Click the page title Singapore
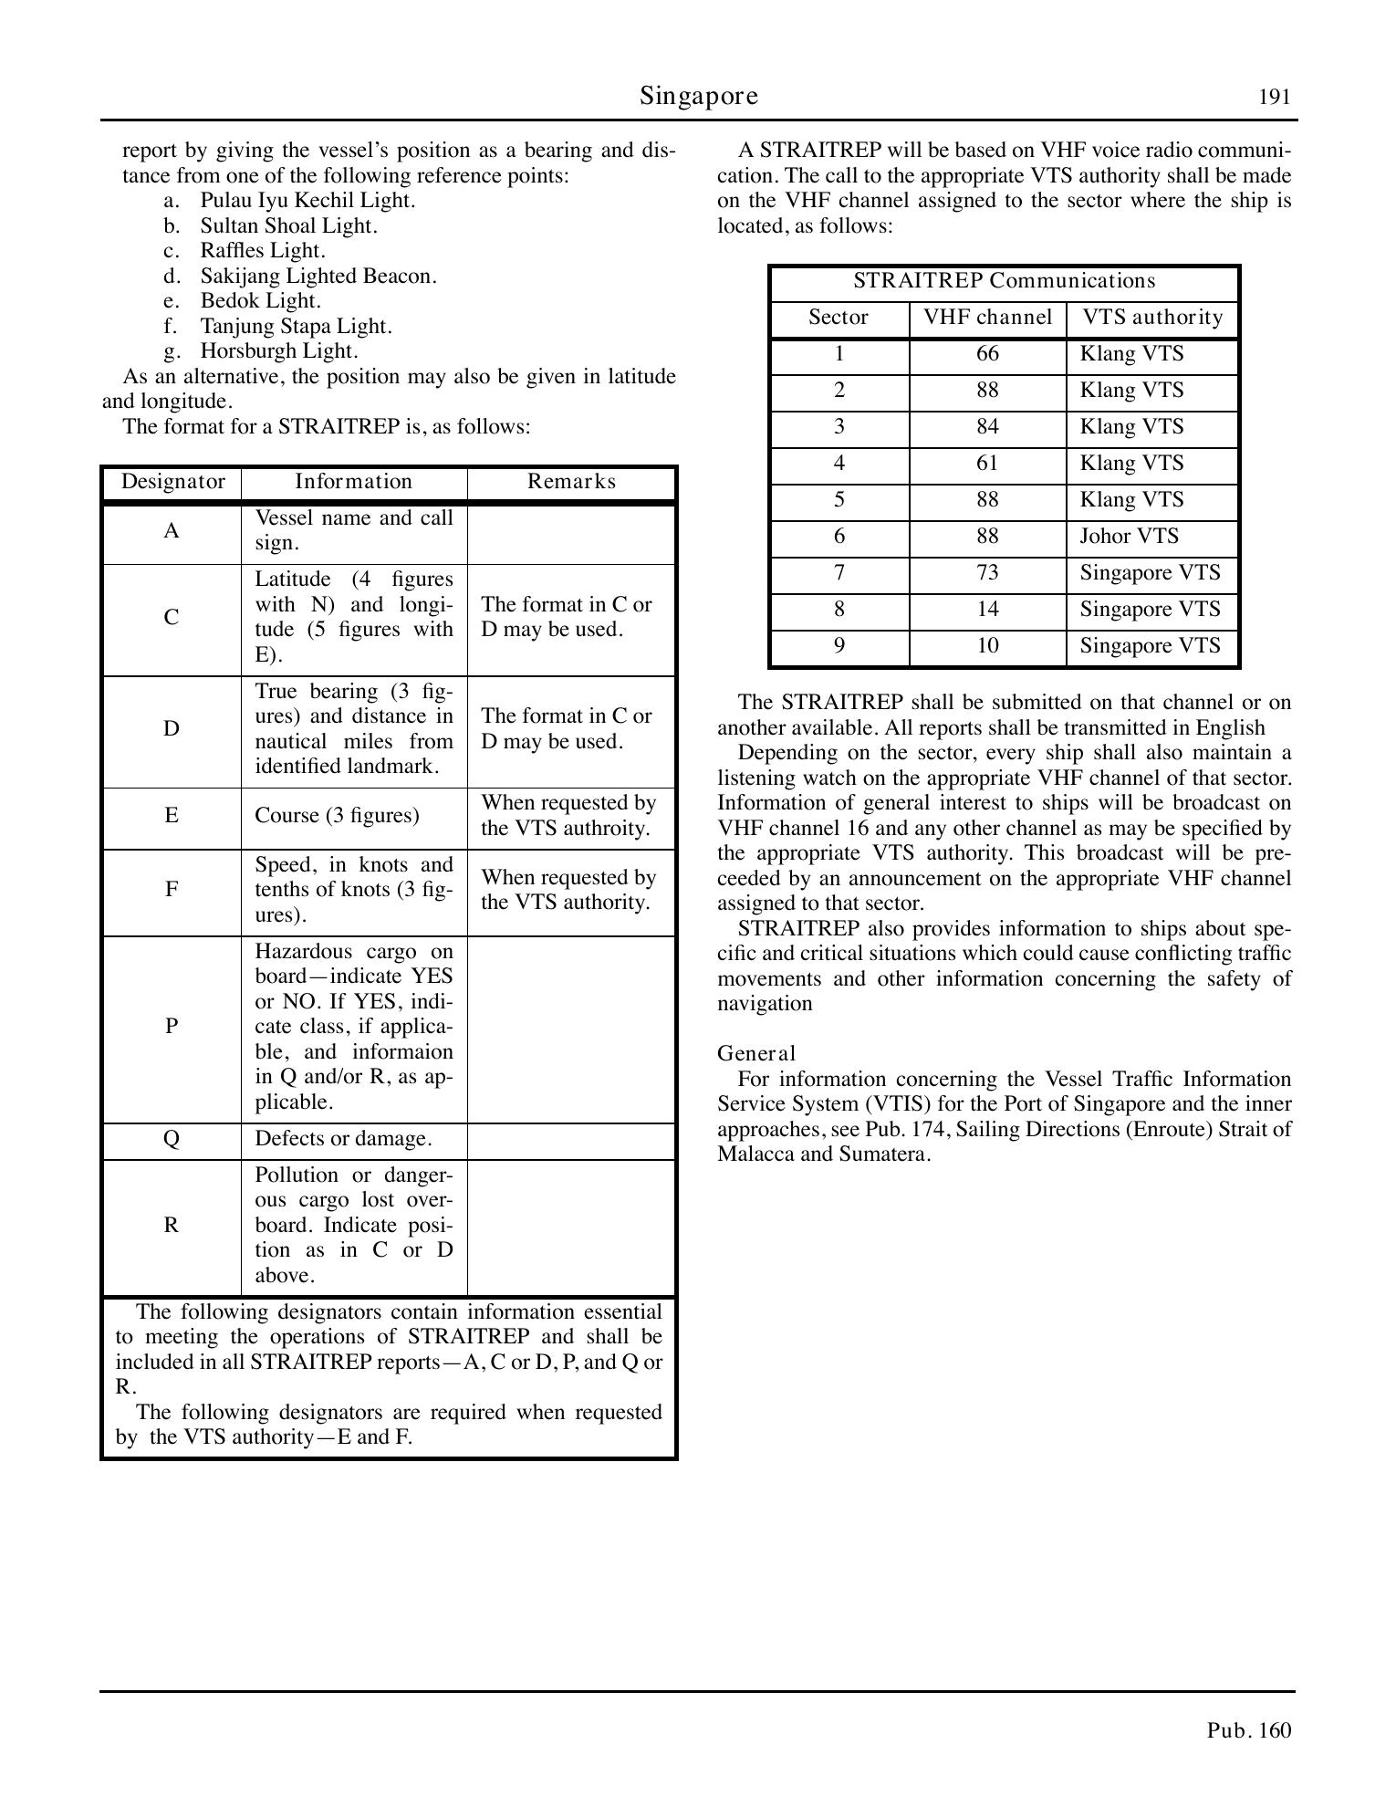(x=698, y=96)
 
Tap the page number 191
(x=1275, y=98)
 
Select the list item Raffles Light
(x=263, y=251)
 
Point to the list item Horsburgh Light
(x=279, y=351)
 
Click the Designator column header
(x=172, y=482)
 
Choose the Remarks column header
(x=571, y=482)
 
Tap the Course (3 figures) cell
(x=337, y=816)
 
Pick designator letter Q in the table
(x=172, y=1139)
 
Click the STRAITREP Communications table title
(x=1004, y=281)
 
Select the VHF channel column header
(x=987, y=318)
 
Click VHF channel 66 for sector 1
(x=987, y=354)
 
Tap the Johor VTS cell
(x=1129, y=537)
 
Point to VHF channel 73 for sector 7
(x=987, y=573)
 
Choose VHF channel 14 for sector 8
(x=987, y=610)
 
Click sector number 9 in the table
(x=839, y=646)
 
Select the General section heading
(x=756, y=1054)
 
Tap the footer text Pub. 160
(x=1249, y=1730)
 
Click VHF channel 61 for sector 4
(x=987, y=464)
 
